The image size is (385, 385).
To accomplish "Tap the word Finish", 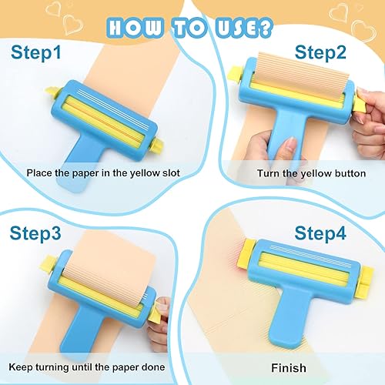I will point(288,367).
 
